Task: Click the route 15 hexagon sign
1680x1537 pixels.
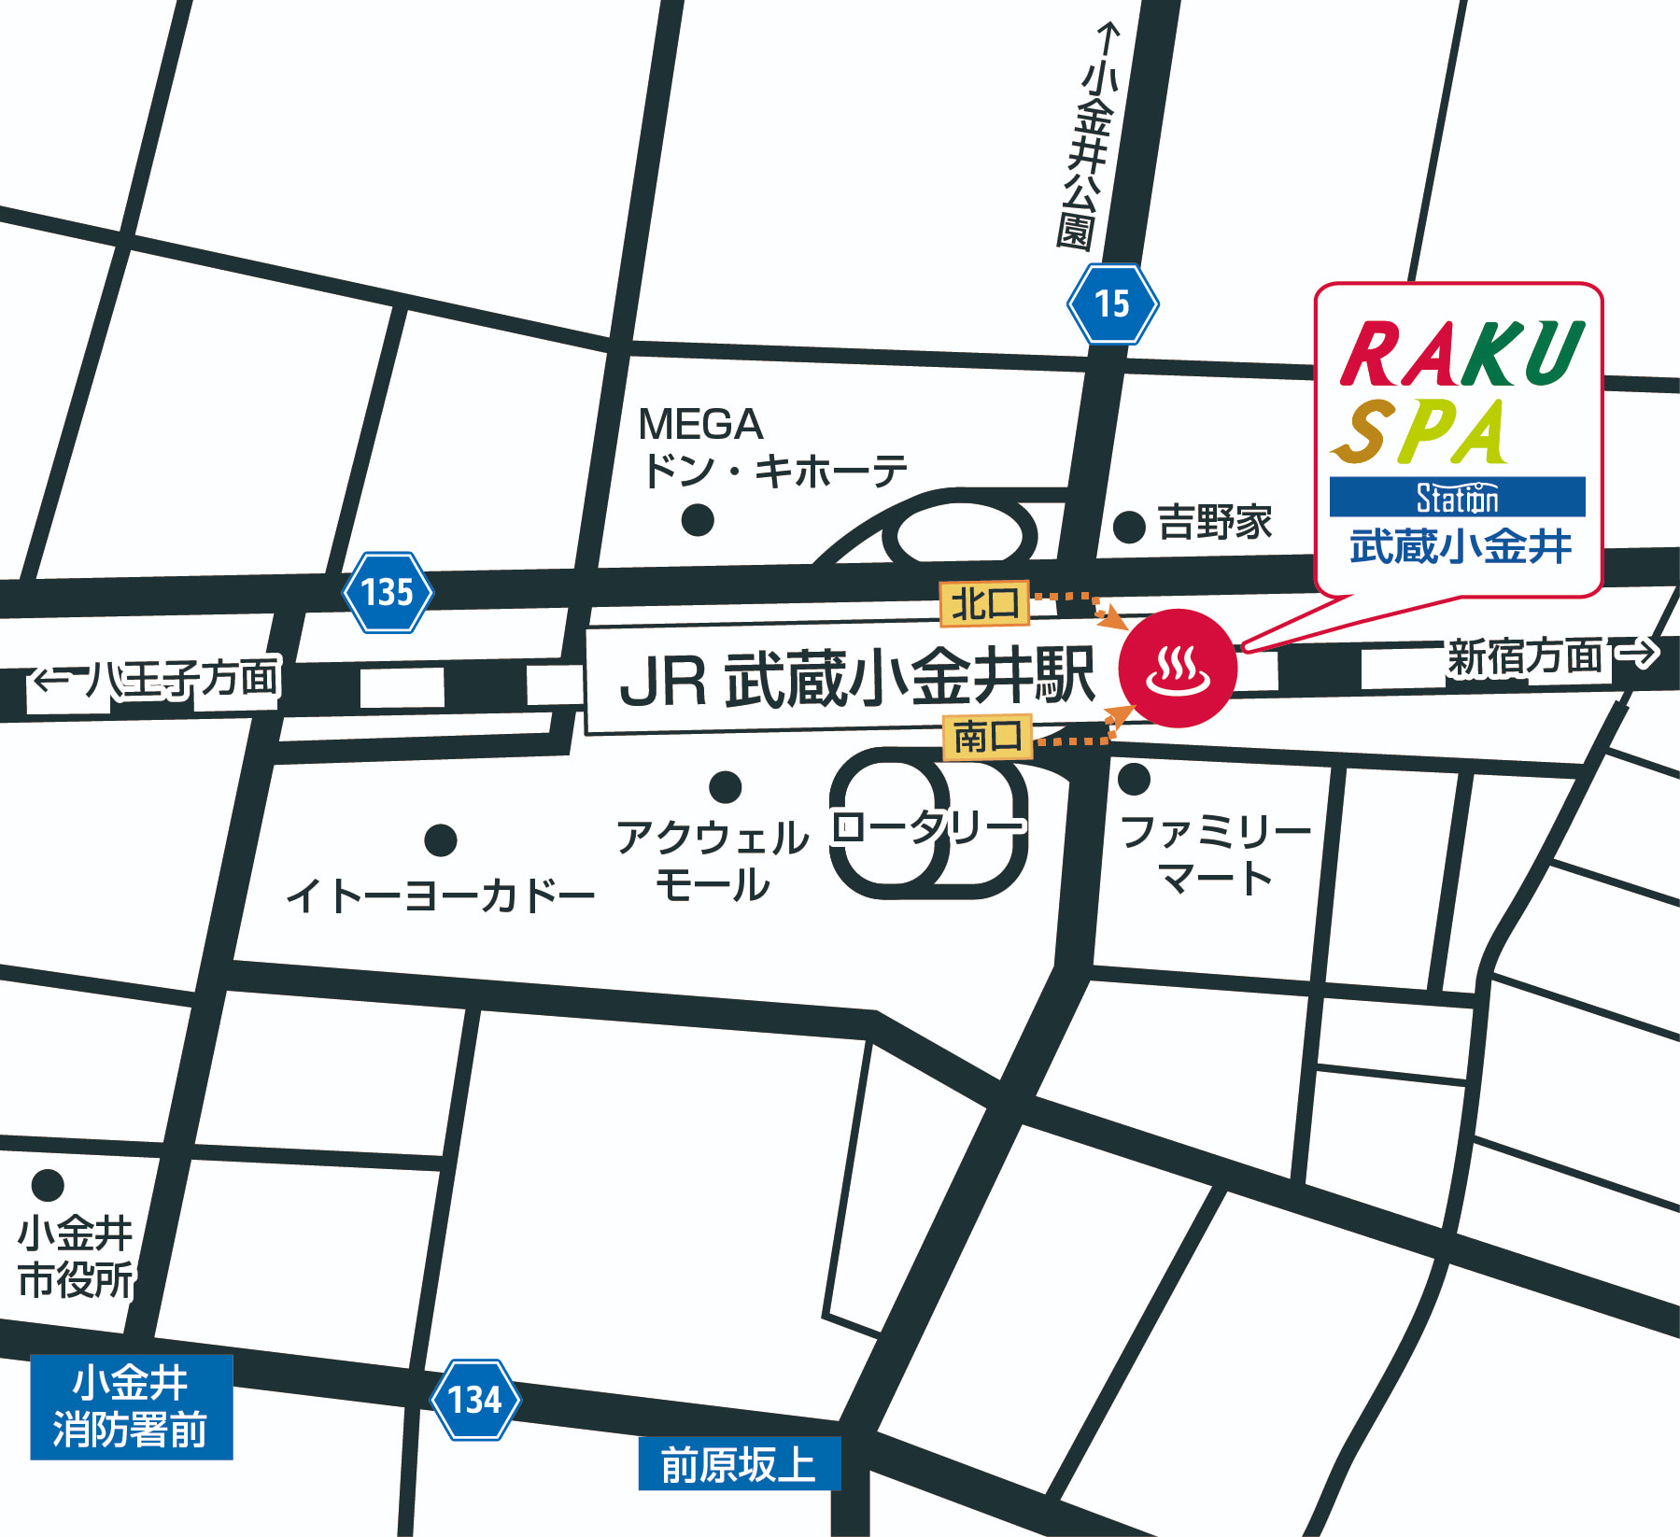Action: tap(1112, 303)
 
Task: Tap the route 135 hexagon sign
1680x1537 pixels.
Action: tap(388, 592)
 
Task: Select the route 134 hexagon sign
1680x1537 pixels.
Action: tap(475, 1399)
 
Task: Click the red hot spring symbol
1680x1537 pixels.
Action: tap(1178, 669)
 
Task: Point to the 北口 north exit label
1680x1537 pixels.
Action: tap(984, 603)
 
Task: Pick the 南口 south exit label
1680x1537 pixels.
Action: tap(987, 737)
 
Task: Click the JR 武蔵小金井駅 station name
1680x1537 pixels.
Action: tap(855, 678)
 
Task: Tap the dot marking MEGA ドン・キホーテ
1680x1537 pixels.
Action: tap(698, 519)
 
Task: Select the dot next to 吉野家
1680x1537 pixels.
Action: tap(1129, 527)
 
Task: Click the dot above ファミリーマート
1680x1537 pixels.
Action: tap(1134, 778)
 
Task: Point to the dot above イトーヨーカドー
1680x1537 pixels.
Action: tap(440, 839)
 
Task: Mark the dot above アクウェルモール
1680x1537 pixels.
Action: tap(725, 786)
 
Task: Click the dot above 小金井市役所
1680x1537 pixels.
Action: tap(48, 1185)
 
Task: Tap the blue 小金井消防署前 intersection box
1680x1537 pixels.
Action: tap(131, 1406)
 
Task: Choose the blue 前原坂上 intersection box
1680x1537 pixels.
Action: tap(739, 1463)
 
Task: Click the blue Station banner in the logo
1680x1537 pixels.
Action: tap(1457, 497)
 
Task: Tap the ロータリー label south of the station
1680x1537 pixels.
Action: tap(928, 826)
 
